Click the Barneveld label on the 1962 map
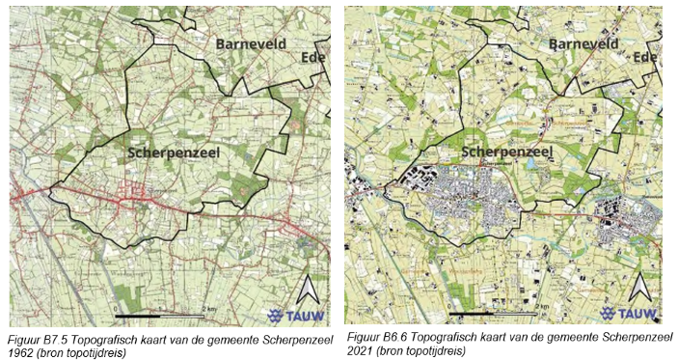(x=253, y=44)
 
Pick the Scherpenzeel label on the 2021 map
(x=505, y=152)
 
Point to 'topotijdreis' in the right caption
(x=435, y=351)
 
